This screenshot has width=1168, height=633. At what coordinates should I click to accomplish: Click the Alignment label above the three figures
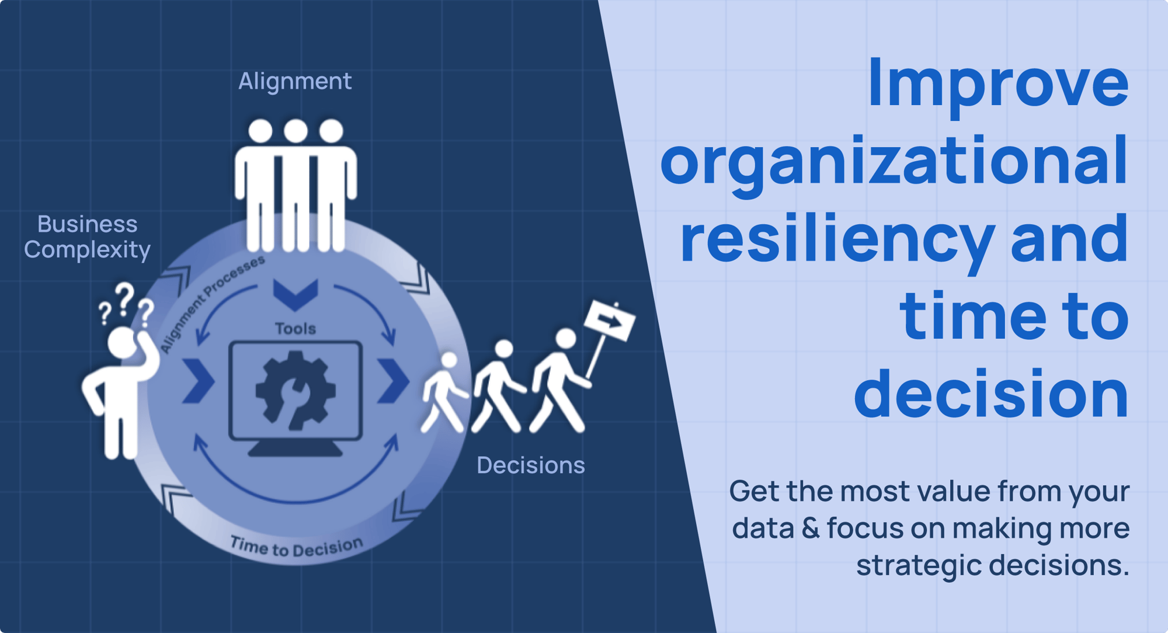(x=295, y=82)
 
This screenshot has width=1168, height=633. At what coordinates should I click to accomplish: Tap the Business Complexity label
(x=88, y=237)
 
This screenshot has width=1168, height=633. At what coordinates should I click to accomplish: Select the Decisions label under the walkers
(x=530, y=465)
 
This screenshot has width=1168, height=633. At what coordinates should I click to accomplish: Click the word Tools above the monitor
(x=296, y=329)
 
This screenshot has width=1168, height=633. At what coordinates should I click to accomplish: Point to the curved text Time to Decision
(x=296, y=547)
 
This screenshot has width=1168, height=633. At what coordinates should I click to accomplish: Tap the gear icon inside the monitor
(x=296, y=390)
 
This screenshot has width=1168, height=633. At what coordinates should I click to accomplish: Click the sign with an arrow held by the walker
(x=610, y=320)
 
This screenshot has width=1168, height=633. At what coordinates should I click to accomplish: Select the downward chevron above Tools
(x=296, y=294)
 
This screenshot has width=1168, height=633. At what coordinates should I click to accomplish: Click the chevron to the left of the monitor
(x=199, y=381)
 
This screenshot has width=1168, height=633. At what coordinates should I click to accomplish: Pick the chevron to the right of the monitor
(x=393, y=381)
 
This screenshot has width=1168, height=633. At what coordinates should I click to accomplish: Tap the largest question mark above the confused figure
(x=124, y=298)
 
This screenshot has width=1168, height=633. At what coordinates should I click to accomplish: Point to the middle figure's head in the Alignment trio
(x=296, y=131)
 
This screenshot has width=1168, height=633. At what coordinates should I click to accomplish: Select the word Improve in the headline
(x=998, y=83)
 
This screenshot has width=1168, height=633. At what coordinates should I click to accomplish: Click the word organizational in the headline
(x=894, y=162)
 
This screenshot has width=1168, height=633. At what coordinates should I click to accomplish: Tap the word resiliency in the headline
(x=837, y=239)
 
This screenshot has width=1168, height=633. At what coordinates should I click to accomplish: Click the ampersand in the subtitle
(x=811, y=528)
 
